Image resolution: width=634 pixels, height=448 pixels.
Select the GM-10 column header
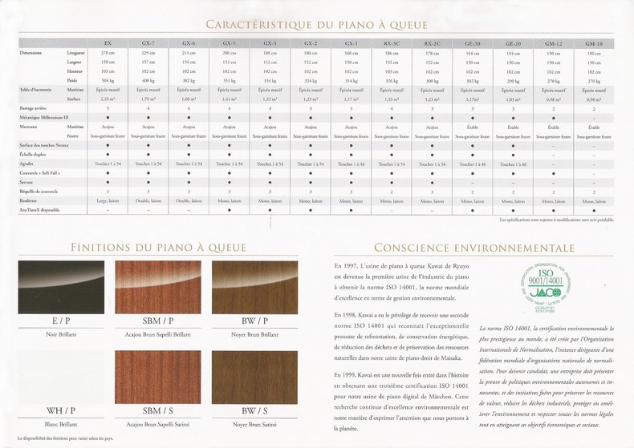(593, 42)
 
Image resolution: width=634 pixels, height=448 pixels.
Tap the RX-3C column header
(392, 42)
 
